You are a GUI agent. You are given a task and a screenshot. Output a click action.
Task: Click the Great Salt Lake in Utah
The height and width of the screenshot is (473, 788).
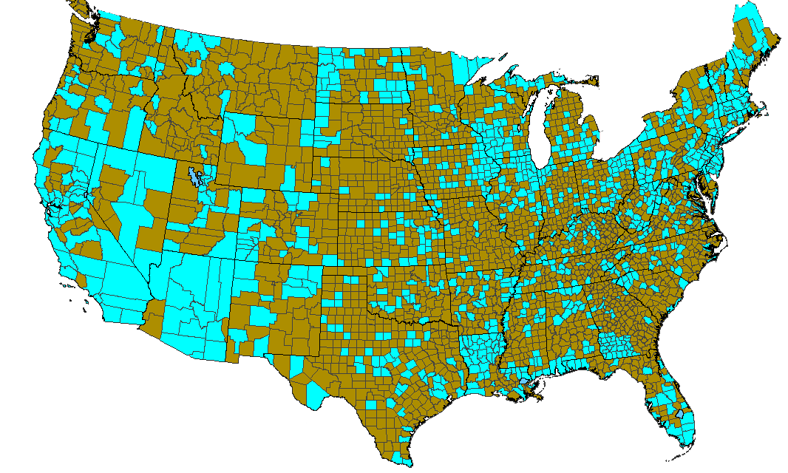[194, 177]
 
